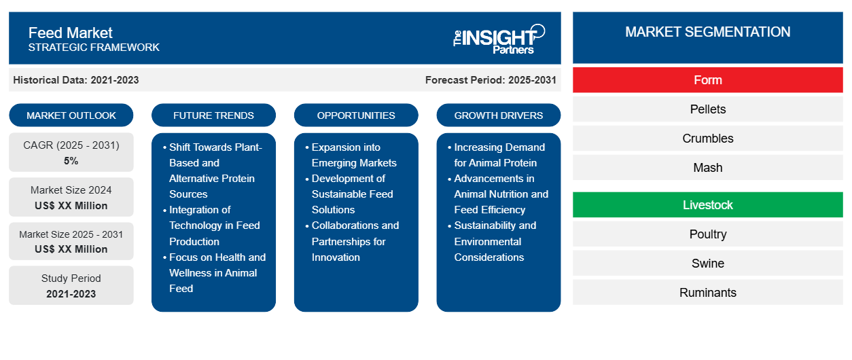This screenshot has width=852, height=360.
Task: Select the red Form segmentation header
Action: tap(707, 80)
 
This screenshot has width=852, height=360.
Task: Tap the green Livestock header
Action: tap(707, 204)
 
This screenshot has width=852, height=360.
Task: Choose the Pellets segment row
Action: tap(707, 109)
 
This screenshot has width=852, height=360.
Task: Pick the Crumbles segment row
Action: tap(707, 139)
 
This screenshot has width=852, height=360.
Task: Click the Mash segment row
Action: tap(707, 168)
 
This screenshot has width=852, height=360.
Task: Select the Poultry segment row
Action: tap(707, 234)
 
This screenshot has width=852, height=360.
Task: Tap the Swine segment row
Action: tap(707, 264)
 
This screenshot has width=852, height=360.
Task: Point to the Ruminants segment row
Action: tap(707, 293)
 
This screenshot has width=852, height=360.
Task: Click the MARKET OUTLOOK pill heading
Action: tap(71, 115)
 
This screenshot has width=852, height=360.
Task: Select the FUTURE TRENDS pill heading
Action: tap(213, 115)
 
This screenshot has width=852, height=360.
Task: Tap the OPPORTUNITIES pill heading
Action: tap(356, 115)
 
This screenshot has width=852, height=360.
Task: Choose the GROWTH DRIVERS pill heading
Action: tap(499, 115)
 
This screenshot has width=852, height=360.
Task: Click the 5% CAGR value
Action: tap(71, 161)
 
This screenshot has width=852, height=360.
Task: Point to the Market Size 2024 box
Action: tap(71, 197)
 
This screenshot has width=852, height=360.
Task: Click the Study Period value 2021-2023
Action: tap(71, 294)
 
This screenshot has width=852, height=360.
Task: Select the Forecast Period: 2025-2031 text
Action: tap(491, 80)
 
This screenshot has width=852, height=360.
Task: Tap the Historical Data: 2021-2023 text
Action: tap(76, 80)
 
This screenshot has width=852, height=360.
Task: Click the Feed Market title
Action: tap(71, 33)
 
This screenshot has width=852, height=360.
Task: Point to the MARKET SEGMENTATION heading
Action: tap(707, 32)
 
